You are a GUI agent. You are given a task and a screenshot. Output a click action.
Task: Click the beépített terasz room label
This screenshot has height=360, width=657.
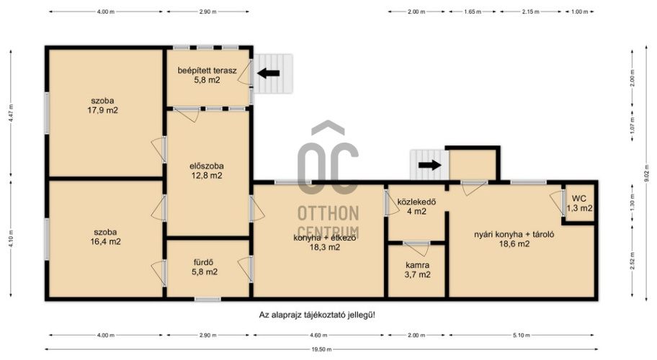point(207,75)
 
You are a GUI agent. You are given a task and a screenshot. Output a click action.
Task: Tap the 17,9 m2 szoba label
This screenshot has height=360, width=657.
point(102,106)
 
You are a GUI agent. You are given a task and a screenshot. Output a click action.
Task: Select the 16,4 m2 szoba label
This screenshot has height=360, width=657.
point(105,237)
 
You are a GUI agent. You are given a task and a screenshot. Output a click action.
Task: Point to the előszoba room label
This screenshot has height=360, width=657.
point(207,171)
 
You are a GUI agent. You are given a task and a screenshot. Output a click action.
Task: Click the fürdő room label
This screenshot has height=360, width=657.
point(204,267)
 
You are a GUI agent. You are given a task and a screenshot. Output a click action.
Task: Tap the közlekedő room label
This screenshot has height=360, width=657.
point(416,207)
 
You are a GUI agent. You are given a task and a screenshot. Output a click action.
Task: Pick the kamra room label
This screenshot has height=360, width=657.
point(417,270)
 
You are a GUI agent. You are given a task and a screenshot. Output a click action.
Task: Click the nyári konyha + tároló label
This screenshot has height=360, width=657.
point(514,239)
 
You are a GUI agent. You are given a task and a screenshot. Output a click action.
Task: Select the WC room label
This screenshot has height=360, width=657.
point(579,204)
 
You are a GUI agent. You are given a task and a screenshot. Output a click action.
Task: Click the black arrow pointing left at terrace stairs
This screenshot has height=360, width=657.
point(268,73)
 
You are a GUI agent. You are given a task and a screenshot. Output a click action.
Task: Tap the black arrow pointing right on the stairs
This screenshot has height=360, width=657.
point(430,165)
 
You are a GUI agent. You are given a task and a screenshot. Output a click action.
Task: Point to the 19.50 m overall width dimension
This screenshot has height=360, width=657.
point(321,349)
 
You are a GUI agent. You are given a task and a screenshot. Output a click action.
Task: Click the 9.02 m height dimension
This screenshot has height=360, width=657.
point(646,174)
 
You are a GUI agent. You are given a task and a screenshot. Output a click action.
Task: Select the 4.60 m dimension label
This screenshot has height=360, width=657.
point(318,336)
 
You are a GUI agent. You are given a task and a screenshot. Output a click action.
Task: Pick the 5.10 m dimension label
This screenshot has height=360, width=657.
point(522,336)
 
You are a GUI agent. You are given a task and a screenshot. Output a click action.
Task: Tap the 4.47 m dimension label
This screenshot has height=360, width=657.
point(11,112)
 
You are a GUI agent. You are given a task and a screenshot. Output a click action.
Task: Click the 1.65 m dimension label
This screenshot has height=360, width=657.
point(473,12)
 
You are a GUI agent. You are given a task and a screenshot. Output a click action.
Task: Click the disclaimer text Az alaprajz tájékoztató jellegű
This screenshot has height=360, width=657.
point(317,315)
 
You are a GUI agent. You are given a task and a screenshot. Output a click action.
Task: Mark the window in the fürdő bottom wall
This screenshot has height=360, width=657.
point(207,299)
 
